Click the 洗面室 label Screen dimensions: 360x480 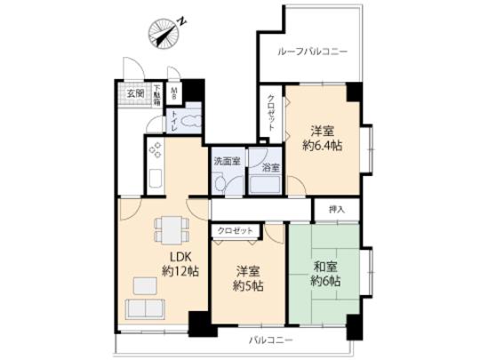tap(226, 162)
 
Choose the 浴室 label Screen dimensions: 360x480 tap(270, 166)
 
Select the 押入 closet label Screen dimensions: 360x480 tap(337, 210)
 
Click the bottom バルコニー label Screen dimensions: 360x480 tap(268, 340)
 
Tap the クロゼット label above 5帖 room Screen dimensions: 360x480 tap(236, 231)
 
